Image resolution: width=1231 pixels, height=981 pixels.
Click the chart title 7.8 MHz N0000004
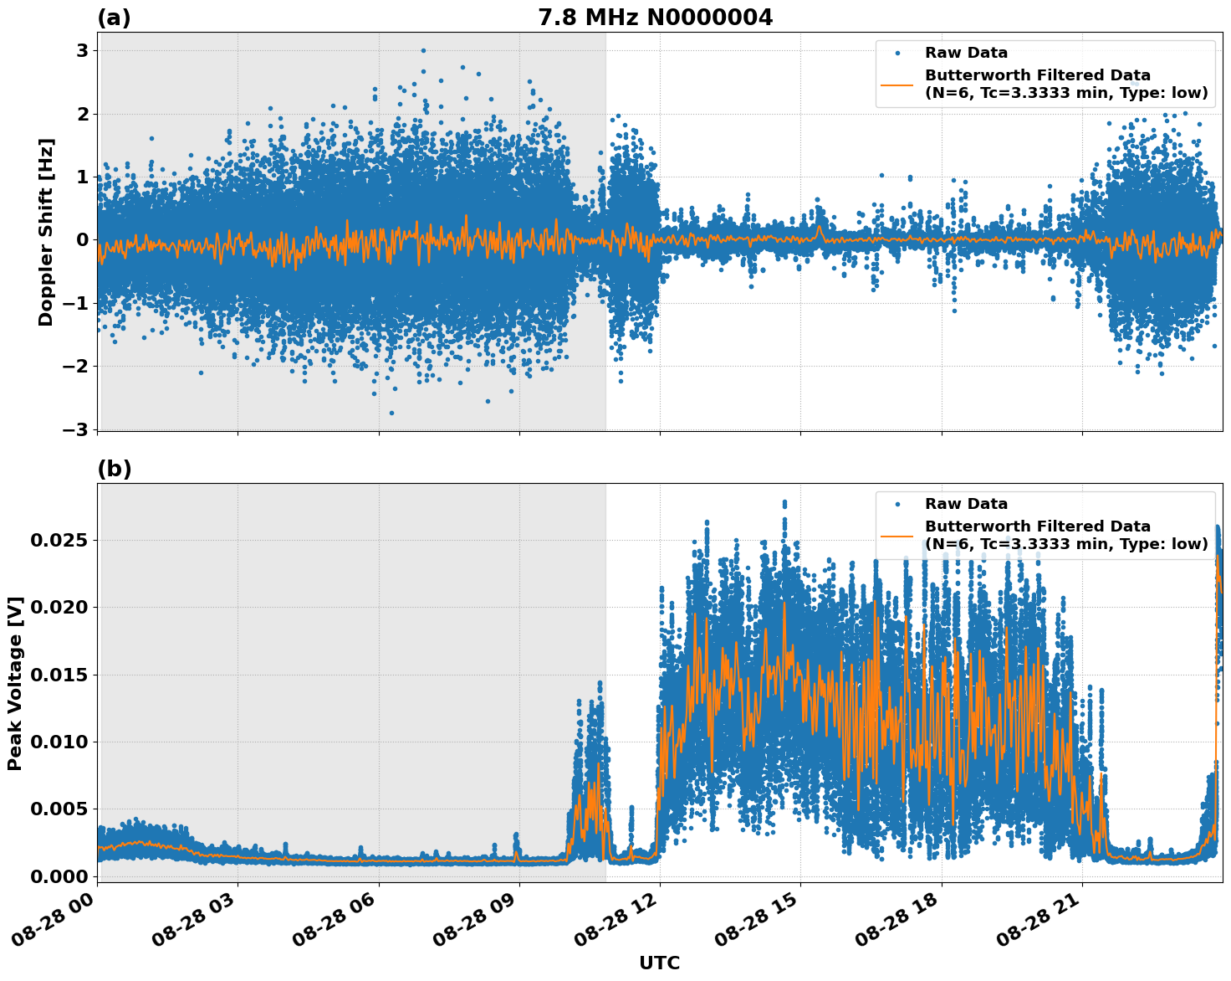(655, 18)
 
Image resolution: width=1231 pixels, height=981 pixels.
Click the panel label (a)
(114, 18)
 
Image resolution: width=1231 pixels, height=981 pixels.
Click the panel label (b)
(114, 469)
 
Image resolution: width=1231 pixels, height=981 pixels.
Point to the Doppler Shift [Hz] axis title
(46, 232)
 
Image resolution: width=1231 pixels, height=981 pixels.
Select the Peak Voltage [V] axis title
(15, 683)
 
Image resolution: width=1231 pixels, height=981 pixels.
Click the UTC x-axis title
(659, 963)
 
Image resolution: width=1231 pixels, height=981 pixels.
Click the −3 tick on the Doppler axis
(76, 429)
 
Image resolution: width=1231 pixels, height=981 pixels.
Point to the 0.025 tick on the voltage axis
(58, 541)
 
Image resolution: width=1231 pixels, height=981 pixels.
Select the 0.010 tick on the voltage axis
(58, 742)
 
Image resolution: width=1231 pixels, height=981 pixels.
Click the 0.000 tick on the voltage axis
(58, 876)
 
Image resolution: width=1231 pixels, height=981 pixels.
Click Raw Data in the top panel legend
(966, 53)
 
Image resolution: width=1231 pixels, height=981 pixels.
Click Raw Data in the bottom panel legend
(966, 504)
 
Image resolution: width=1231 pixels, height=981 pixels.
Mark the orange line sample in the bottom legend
(898, 536)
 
